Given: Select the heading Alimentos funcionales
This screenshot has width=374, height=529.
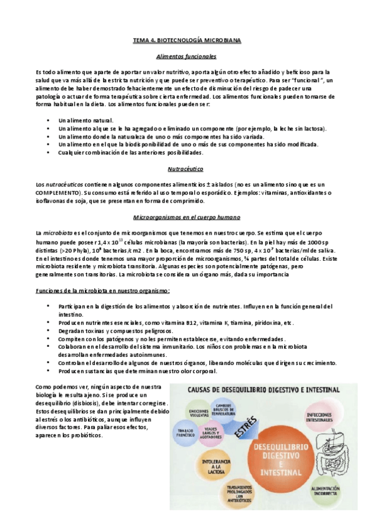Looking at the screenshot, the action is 187,56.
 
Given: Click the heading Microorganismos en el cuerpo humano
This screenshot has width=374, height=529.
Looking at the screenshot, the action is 187,216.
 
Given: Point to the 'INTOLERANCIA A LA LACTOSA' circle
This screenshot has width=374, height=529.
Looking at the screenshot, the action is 215,467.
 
